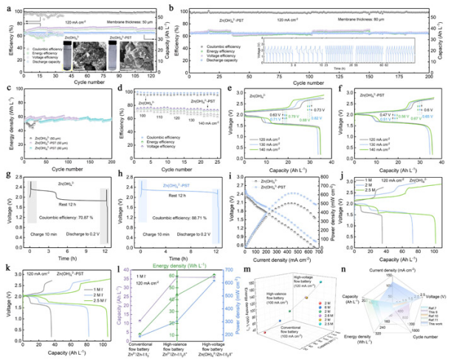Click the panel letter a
4,6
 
